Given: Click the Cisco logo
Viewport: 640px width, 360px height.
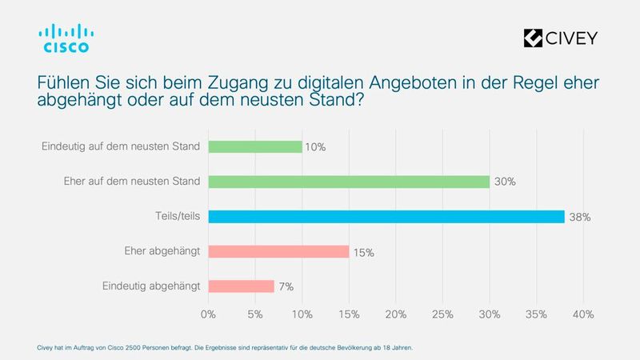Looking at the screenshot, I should (x=65, y=38).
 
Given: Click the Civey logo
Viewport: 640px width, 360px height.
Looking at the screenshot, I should (x=559, y=38).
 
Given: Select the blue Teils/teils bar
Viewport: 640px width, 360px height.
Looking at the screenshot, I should (x=386, y=217).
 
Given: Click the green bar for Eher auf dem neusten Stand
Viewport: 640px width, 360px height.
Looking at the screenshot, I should (x=348, y=182).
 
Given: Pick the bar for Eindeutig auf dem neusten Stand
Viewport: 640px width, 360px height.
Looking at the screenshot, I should (x=254, y=146).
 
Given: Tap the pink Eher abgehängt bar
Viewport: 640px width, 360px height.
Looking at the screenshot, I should (x=278, y=251).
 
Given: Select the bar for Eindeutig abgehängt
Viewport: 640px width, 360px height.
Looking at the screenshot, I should (x=241, y=286).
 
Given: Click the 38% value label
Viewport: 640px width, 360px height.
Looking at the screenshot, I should (x=580, y=218).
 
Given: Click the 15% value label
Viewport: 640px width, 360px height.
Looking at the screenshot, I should (x=363, y=252).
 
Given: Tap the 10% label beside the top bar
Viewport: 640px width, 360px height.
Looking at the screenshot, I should (x=316, y=147).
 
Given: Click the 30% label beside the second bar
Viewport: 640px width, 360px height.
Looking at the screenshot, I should (x=504, y=182).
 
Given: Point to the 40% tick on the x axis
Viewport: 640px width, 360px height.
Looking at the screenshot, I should (x=583, y=314).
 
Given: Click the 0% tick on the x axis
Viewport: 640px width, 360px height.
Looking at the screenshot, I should (x=208, y=314).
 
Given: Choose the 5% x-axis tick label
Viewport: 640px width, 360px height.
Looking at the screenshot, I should (x=255, y=314).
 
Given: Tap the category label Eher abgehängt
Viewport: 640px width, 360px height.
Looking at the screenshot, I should (x=163, y=251).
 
